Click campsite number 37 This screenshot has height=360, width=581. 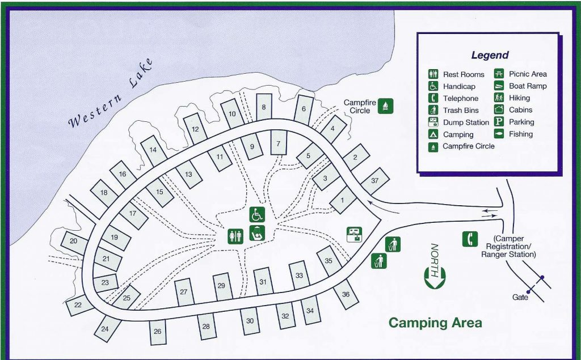click(374, 181)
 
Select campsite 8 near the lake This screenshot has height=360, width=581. click(263, 107)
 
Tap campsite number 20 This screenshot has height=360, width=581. click(74, 241)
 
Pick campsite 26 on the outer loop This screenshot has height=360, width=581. click(157, 332)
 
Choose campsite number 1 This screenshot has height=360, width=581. click(343, 200)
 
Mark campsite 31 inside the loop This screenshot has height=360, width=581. click(263, 282)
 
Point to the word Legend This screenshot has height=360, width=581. click(490, 56)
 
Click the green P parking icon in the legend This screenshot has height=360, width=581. click(499, 122)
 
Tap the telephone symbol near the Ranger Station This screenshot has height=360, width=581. click(470, 239)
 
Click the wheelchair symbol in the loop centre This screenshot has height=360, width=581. click(256, 215)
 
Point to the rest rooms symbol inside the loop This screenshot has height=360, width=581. click(235, 236)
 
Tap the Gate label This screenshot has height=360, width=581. click(520, 297)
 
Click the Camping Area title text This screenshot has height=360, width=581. click(435, 323)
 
